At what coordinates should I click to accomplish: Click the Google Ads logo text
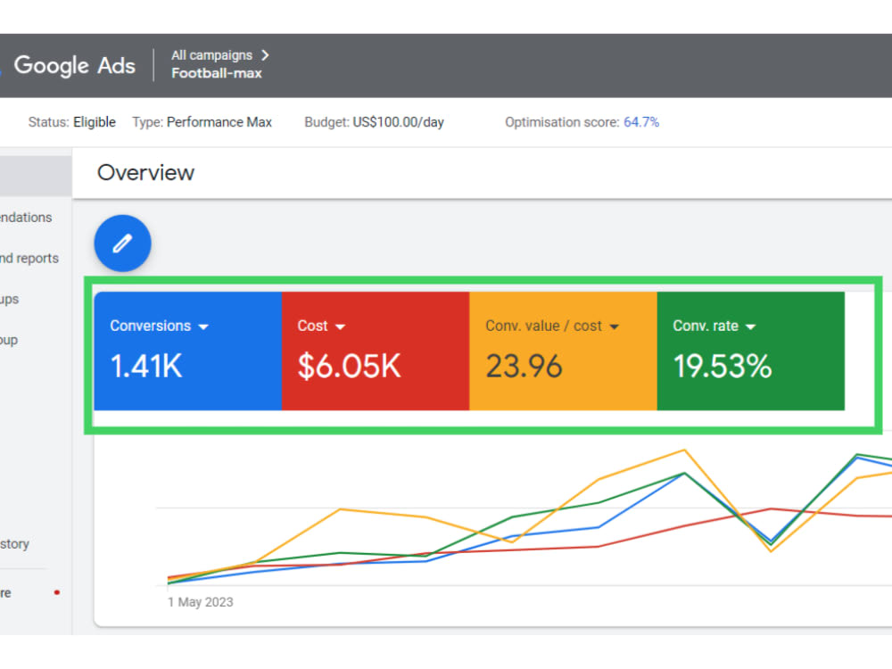pos(74,65)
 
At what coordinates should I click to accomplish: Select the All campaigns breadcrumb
pos(212,55)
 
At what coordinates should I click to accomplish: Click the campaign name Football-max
pos(217,74)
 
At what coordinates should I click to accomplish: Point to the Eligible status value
pos(95,122)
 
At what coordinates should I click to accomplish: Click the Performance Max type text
pos(219,122)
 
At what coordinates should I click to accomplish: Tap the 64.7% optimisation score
pos(641,122)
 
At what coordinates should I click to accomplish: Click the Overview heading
pos(145,173)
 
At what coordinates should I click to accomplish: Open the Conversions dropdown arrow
pos(203,327)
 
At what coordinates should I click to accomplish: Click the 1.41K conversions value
pos(146,367)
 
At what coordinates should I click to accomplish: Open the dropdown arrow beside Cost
pos(340,327)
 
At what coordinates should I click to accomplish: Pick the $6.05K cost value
pos(349,367)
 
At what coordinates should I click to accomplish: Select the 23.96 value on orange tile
pos(524,367)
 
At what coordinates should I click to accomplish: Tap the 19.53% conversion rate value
pos(723,367)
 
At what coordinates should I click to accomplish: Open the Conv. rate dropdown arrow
pos(750,327)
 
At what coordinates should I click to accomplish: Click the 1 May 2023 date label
pos(200,602)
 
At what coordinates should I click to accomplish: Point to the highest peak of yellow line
pos(684,450)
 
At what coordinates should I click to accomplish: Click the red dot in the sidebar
pos(57,592)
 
